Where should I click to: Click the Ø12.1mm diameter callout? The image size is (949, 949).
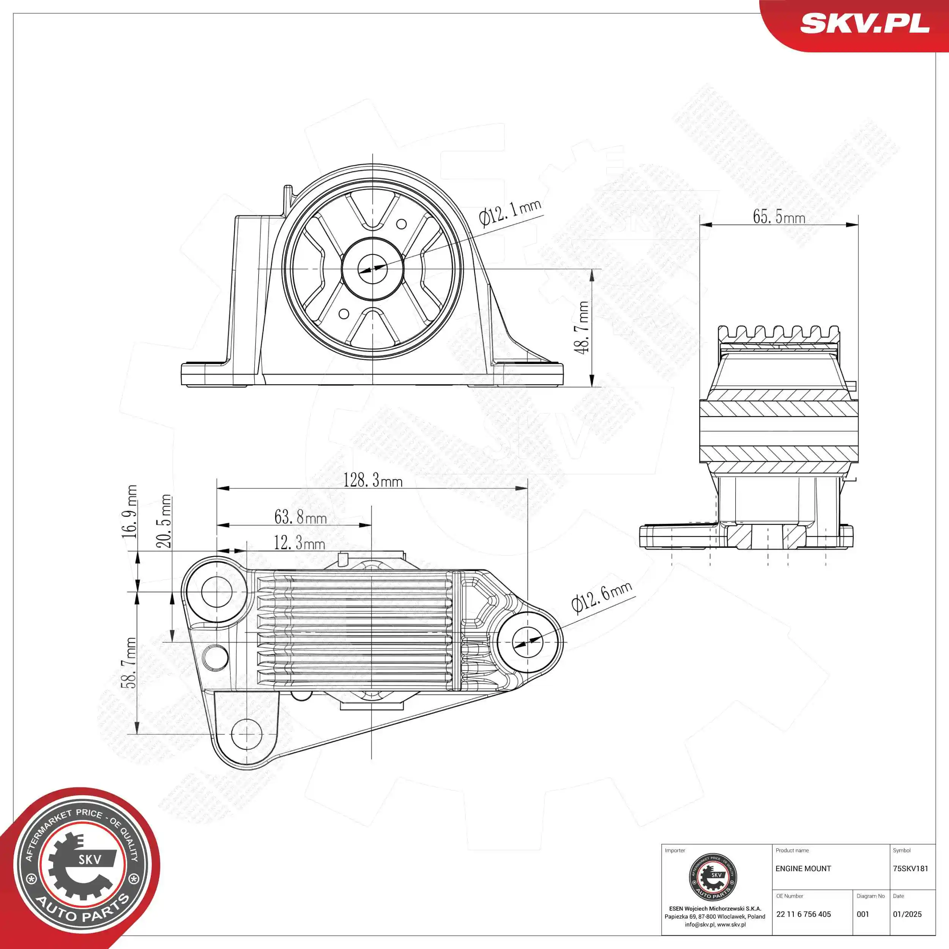[510, 213]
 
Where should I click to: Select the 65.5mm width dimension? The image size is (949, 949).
[779, 217]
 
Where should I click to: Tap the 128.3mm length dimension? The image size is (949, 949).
[373, 480]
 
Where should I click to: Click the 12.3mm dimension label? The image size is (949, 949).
[299, 543]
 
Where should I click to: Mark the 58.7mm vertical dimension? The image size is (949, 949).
[131, 663]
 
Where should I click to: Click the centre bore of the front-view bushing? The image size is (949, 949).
[372, 269]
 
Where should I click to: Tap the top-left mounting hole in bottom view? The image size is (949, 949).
[217, 592]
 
